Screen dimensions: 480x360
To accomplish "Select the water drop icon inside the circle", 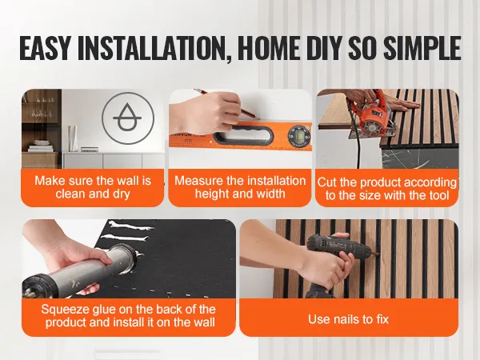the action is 127,118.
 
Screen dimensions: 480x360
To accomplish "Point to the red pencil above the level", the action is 226,103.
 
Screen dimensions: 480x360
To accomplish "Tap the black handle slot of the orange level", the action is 243,135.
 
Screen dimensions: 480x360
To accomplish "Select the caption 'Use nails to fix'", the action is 348,319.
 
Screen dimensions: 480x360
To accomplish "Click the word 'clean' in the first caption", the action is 70,194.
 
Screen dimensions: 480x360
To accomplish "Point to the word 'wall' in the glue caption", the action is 204,322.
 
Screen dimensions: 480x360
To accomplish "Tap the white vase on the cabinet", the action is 73,138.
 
